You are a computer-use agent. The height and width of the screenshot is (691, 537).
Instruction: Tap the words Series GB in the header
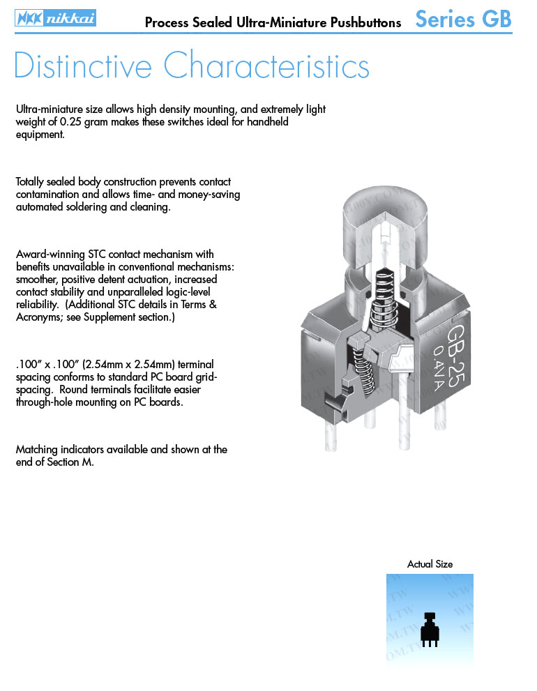463,20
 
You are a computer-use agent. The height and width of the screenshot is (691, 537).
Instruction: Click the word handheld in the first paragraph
267,122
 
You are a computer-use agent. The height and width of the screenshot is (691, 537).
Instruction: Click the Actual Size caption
430,564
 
